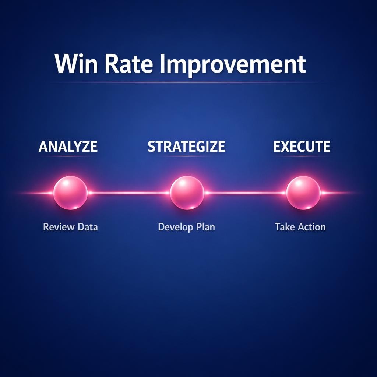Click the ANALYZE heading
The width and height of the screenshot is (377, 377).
click(68, 147)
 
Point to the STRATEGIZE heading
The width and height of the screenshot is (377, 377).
click(186, 147)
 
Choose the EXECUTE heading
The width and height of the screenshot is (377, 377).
click(302, 147)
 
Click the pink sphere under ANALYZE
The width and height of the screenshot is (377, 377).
click(70, 193)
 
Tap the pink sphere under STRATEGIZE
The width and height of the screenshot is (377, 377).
click(187, 193)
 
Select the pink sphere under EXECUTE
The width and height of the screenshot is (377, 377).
click(303, 193)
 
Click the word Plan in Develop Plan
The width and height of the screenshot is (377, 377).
click(205, 227)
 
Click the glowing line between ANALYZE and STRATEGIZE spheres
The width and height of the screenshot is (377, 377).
click(129, 193)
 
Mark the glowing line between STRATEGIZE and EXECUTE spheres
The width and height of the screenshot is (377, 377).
click(245, 193)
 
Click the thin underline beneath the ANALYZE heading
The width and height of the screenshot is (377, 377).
click(68, 156)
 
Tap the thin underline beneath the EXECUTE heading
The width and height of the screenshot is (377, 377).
click(302, 156)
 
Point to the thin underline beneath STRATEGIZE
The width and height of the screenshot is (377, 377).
click(186, 156)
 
